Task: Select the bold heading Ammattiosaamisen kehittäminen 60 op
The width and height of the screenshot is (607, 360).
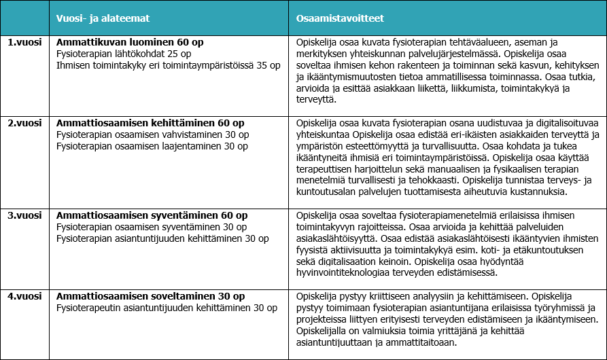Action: coord(150,123)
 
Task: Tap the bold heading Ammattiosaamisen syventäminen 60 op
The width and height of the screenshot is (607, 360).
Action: coord(151,215)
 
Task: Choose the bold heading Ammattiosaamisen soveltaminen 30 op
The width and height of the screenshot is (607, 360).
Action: coord(150,297)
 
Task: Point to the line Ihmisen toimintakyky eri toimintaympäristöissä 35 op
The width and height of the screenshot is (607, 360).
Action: coord(168,65)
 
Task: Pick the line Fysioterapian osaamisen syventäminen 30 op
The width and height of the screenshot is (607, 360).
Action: coord(152,227)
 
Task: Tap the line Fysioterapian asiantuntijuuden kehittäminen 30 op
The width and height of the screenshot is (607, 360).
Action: coord(162,238)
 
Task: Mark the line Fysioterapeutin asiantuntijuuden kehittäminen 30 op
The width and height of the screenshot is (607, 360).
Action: coord(167,308)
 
